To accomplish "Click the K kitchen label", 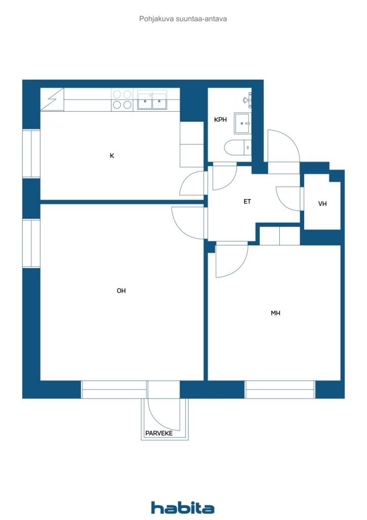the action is [112, 155].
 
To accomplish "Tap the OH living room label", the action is [121, 291].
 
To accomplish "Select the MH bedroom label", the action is [275, 313].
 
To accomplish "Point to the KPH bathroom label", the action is [221, 120].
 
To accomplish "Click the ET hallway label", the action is [247, 202].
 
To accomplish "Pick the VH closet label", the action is [322, 204].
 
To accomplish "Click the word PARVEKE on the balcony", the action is [159, 434].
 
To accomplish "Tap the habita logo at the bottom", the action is [182, 508].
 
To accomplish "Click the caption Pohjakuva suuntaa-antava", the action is [183, 19].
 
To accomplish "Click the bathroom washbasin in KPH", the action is [242, 123].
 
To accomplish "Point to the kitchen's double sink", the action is [152, 100].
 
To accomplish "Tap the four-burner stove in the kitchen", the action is [122, 100].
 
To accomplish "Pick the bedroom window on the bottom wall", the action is [280, 389].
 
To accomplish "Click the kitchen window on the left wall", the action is [31, 153].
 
